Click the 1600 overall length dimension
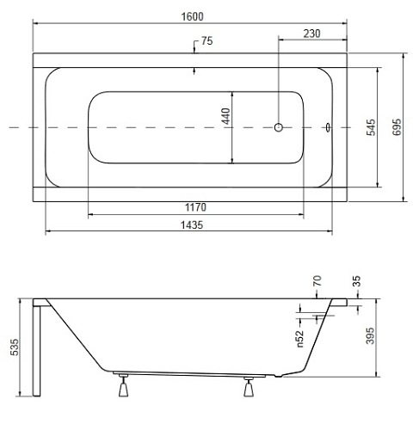tap(192, 16)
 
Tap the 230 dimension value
tap(311, 34)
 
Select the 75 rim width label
tap(206, 41)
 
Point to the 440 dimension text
tap(226, 116)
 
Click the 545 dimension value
tap(371, 127)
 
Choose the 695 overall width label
tap(397, 127)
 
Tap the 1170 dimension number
tap(195, 207)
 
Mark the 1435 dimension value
tap(192, 225)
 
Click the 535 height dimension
tap(15, 347)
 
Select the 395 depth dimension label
tap(370, 335)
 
